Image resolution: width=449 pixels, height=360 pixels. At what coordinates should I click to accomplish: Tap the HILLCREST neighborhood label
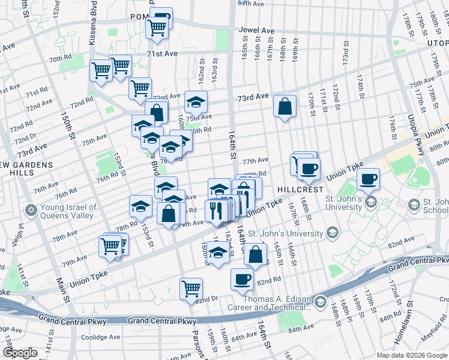300,189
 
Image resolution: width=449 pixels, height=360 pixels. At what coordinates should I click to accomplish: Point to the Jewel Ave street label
256,31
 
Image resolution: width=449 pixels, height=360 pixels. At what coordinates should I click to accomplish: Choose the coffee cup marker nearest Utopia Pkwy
368,178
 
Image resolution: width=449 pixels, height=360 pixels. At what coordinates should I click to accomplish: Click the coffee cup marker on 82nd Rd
243,279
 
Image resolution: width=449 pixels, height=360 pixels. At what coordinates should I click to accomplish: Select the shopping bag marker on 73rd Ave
285,106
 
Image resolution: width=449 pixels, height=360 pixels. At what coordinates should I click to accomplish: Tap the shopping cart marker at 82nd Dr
191,289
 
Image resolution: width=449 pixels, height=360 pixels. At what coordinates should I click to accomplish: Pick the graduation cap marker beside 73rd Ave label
196,101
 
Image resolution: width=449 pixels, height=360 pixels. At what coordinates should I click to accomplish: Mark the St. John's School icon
414,206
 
